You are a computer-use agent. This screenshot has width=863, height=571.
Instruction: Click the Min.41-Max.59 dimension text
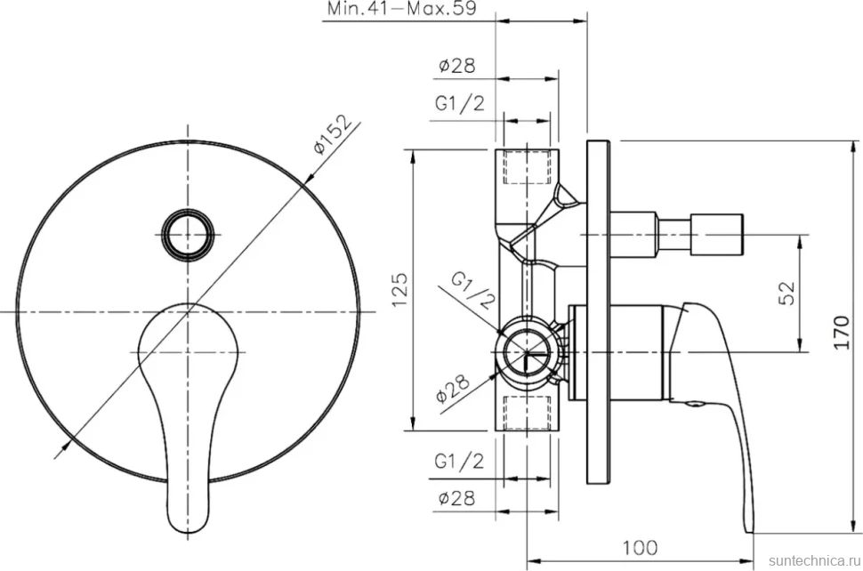point(402,9)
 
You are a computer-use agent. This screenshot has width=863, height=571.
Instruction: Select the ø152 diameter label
point(333,135)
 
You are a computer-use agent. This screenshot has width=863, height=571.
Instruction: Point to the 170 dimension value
point(842,332)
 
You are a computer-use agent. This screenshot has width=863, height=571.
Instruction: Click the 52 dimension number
point(787,293)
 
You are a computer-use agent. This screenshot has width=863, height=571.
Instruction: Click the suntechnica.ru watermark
point(815,560)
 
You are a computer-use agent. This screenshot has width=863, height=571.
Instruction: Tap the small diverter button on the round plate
point(189,234)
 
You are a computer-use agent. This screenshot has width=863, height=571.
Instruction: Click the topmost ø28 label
point(456,66)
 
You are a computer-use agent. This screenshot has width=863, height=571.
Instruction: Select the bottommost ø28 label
point(456,498)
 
